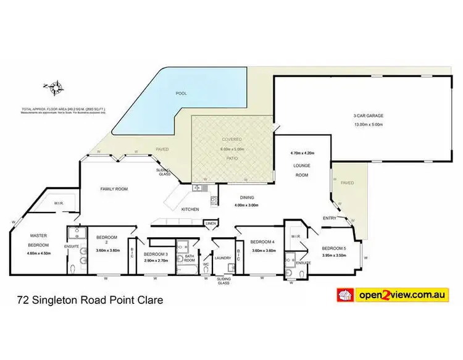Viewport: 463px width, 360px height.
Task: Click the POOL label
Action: [x=181, y=93]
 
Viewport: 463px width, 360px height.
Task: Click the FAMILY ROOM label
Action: [x=115, y=189]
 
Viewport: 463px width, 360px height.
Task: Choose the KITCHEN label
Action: [x=190, y=210]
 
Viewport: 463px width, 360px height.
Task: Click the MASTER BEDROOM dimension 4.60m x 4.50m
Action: [x=38, y=253]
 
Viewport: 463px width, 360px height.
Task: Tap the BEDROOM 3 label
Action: [x=156, y=254]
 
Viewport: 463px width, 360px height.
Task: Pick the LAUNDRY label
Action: [x=223, y=258]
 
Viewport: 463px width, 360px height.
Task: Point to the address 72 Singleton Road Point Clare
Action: [x=90, y=301]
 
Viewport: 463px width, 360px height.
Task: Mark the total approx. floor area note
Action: [x=63, y=111]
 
